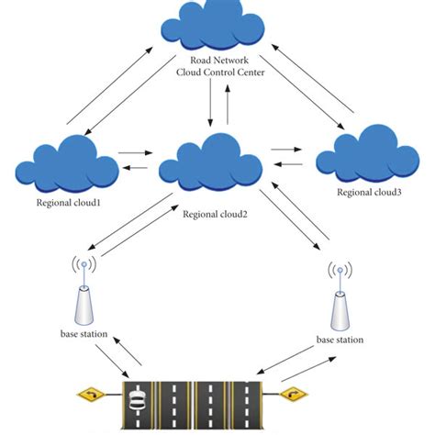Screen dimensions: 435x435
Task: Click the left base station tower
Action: (x=85, y=298)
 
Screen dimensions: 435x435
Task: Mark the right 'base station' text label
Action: (x=340, y=340)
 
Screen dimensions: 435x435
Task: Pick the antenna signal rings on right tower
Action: (x=340, y=273)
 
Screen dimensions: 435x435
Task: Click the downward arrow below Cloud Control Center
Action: (x=211, y=104)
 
